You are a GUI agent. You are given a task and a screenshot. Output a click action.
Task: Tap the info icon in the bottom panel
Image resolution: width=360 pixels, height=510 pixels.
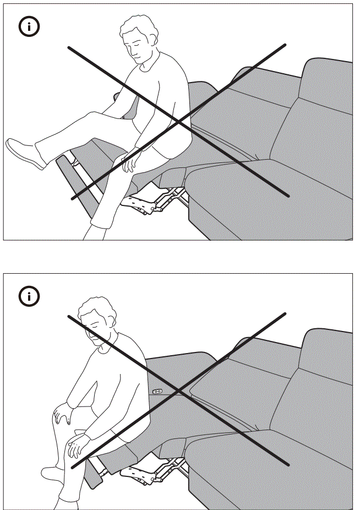[30, 297]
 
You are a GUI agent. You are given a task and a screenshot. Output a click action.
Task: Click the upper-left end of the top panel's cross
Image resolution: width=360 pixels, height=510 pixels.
[69, 48]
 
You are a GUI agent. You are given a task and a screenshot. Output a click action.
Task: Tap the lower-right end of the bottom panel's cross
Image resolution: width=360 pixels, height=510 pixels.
[287, 465]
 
